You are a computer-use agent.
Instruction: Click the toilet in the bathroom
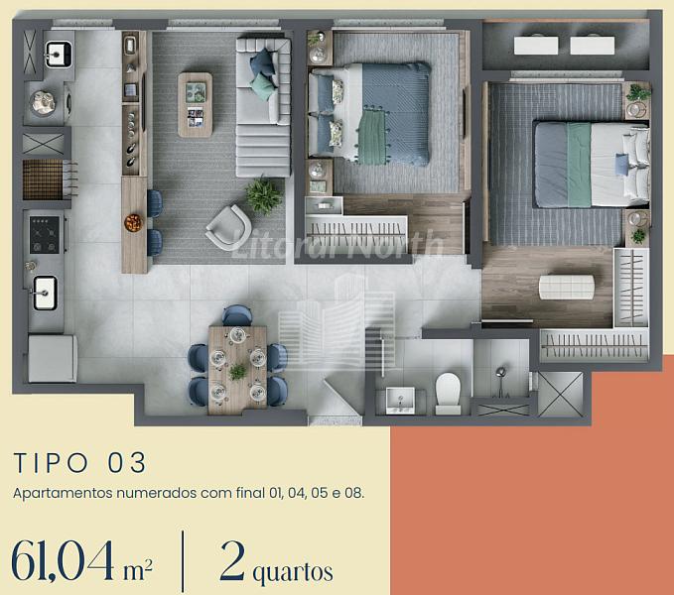pos(448,393)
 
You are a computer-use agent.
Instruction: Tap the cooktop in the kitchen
pos(45,234)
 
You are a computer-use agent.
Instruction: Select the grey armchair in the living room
pos(228,228)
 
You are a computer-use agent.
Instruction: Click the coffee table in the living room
pos(196,105)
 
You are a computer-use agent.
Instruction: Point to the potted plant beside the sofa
pos(263,195)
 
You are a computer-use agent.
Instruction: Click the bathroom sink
pos(400,401)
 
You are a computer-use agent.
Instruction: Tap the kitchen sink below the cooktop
pos(45,294)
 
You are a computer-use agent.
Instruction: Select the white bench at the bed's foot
pos(567,288)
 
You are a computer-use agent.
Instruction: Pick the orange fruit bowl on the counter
pos(133,223)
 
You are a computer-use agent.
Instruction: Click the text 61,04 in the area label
pos(63,560)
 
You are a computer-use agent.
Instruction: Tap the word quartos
pos(293,572)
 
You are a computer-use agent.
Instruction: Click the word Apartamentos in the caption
pos(63,493)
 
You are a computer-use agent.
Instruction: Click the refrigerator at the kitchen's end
pos(53,358)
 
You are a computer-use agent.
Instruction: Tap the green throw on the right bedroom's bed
pos(579,165)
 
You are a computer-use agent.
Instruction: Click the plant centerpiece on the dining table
pos(237,371)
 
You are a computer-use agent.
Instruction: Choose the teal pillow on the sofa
pos(263,86)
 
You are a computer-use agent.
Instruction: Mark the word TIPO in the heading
pos(51,463)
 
